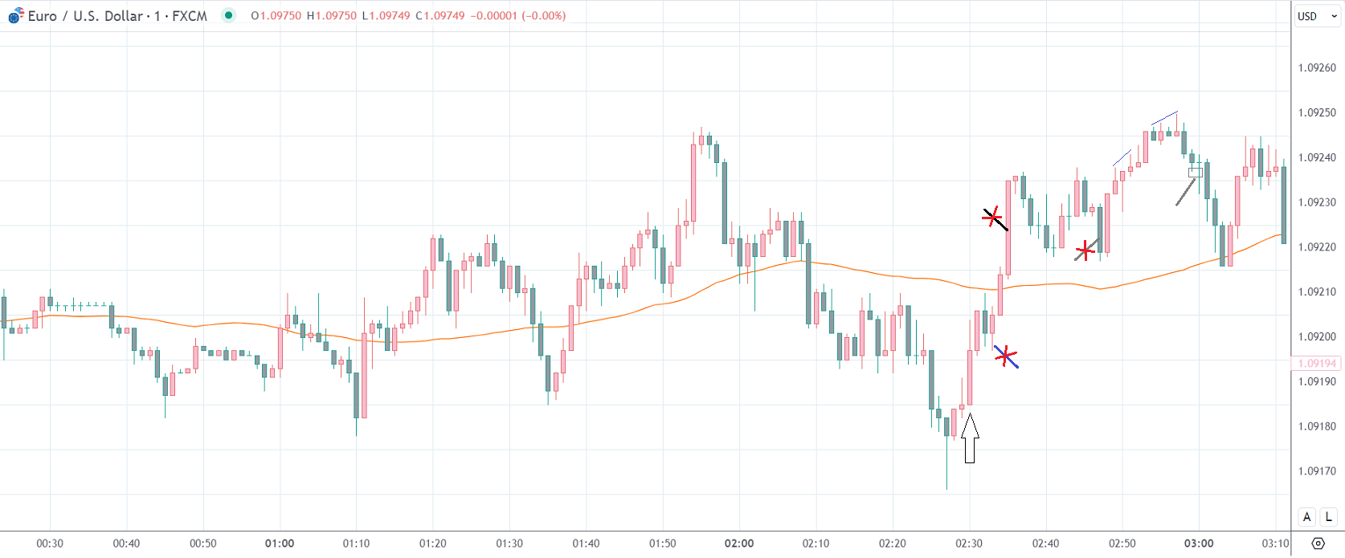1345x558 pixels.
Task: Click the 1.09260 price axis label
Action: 1317,67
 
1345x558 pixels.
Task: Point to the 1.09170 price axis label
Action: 1317,471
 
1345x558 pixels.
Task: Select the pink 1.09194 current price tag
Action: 1317,364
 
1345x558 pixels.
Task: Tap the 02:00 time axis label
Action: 739,544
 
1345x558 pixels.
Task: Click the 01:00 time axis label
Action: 280,544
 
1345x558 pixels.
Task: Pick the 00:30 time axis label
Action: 50,544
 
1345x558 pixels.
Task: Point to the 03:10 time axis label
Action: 1275,544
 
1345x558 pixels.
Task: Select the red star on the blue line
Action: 1005,356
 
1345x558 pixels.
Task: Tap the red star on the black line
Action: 993,217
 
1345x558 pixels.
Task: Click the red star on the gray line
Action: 1085,250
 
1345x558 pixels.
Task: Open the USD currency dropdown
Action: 1317,16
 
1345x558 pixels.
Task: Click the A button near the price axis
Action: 1307,517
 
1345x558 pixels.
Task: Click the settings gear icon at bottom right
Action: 1318,544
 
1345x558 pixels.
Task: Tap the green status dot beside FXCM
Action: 229,15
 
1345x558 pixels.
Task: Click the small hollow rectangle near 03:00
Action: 1196,173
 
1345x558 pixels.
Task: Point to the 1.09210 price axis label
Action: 1317,292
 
